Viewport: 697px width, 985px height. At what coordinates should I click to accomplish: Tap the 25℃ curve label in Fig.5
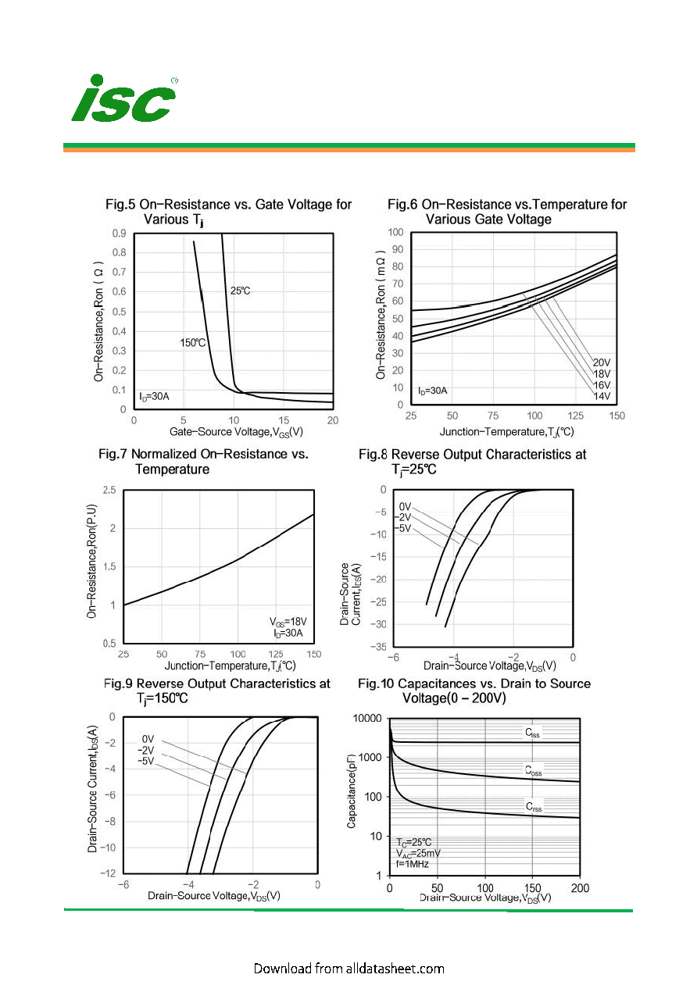pos(240,291)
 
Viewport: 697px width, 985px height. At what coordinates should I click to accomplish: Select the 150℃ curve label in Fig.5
pos(192,343)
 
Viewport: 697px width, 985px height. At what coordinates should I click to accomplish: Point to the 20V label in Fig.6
pos(602,362)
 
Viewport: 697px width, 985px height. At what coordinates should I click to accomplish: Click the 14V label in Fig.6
pos(602,396)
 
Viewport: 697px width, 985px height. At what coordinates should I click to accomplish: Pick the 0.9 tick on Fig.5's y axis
pos(120,233)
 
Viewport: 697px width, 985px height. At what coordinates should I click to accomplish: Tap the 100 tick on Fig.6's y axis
pos(395,232)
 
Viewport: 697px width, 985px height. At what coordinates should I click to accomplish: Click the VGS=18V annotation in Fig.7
pos(288,622)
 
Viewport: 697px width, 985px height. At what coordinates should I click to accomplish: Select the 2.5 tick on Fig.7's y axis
pos(109,490)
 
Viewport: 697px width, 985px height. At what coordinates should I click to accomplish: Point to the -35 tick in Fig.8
pos(377,647)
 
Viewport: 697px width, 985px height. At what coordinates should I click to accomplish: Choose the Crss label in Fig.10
pos(534,806)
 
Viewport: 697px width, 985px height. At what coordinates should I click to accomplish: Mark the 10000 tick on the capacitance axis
pos(367,718)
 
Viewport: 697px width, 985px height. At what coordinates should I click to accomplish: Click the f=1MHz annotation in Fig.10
pos(412,864)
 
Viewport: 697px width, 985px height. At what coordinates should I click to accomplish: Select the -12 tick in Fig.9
pos(108,873)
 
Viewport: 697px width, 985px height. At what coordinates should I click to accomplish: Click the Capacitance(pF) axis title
pos(351,791)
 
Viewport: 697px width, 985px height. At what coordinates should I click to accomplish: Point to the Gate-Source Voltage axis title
pos(236,432)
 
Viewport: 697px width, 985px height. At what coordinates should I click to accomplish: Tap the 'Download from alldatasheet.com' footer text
pos(348,969)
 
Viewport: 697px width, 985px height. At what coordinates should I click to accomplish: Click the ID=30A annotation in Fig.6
pos(432,391)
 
